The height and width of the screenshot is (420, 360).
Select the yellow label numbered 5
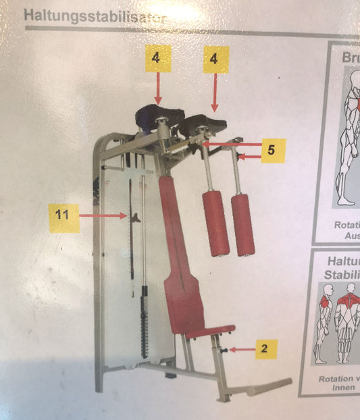(270, 150)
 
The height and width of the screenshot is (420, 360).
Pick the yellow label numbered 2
(264, 349)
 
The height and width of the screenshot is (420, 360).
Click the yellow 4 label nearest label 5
(214, 60)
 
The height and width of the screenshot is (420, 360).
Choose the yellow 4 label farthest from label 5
(156, 59)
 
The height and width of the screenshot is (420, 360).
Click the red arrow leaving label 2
(239, 349)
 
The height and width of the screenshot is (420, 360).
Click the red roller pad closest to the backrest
(215, 223)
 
